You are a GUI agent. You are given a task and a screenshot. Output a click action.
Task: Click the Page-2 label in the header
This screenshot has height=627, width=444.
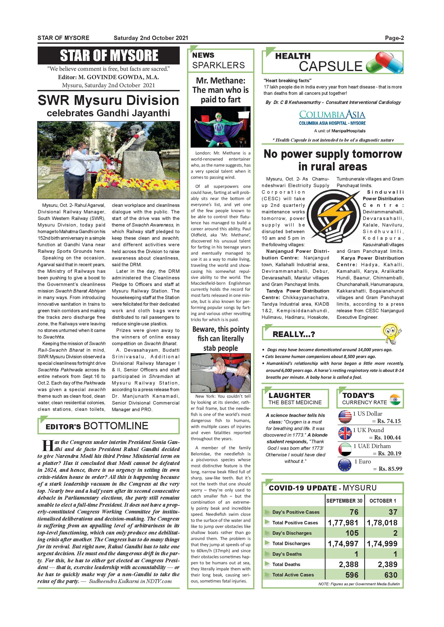(x=394, y=38)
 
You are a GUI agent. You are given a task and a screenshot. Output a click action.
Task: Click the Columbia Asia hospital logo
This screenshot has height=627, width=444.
(x=332, y=118)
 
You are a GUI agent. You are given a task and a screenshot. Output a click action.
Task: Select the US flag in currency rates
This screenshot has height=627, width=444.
(x=345, y=417)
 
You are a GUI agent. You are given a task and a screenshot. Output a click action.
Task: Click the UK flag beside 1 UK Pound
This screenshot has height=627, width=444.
(x=345, y=433)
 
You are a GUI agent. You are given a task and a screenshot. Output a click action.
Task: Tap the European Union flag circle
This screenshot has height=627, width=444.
(x=345, y=465)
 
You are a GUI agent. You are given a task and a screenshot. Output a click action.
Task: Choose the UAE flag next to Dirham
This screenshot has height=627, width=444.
(x=345, y=449)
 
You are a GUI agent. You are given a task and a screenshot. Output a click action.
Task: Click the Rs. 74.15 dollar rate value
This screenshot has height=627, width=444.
(x=389, y=421)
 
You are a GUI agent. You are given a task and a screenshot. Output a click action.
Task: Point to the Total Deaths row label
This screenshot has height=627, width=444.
(x=286, y=564)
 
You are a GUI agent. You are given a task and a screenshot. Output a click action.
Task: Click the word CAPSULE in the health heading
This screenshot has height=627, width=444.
(x=330, y=66)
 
